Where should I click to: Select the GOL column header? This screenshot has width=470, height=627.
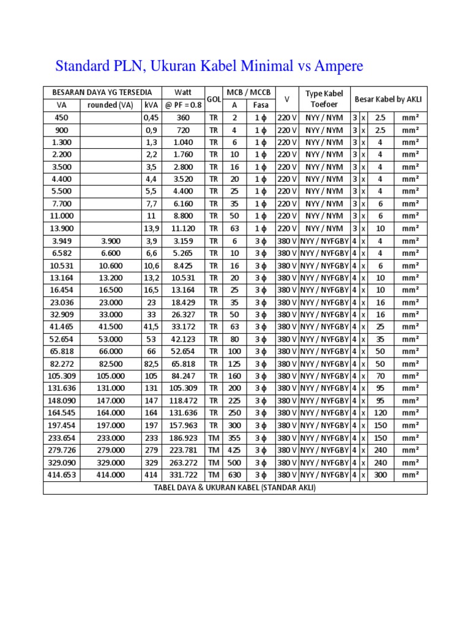point(214,99)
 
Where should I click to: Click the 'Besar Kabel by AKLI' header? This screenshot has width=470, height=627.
point(389,99)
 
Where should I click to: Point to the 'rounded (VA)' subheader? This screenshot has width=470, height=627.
point(110,105)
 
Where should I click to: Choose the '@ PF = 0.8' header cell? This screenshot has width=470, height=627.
point(184,105)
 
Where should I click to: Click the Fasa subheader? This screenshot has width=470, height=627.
point(261,105)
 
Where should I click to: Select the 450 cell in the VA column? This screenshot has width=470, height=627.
point(62,118)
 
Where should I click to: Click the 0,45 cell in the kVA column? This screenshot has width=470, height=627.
point(151,118)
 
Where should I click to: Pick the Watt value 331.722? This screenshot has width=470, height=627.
point(184,475)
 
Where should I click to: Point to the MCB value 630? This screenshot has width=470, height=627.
point(234,475)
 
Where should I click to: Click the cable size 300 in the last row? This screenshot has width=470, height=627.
point(381,475)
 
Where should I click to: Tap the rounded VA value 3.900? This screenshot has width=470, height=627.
point(110,241)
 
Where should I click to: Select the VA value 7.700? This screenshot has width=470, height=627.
point(62,204)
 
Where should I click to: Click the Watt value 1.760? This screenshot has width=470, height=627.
point(184,154)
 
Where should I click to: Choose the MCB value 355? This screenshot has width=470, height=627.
point(234,438)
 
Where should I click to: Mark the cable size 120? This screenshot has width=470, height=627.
point(381,413)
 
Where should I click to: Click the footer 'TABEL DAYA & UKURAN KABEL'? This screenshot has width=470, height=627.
point(235,487)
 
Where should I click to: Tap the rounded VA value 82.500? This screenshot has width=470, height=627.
point(110,364)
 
